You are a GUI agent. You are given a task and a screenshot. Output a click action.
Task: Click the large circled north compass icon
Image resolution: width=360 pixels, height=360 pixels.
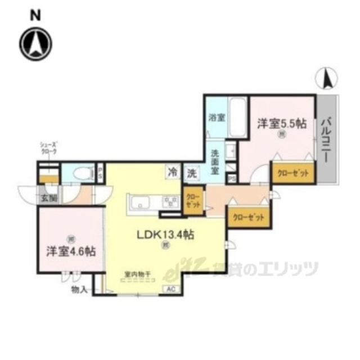pyautogui.click(x=36, y=42)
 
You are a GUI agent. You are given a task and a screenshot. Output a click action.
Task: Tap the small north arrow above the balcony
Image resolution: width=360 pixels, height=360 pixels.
pyautogui.click(x=328, y=78)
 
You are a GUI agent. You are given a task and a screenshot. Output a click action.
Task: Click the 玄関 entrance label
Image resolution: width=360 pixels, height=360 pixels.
pyautogui.click(x=47, y=197)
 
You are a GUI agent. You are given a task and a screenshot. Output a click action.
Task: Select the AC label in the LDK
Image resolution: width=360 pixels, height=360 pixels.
pyautogui.click(x=170, y=289)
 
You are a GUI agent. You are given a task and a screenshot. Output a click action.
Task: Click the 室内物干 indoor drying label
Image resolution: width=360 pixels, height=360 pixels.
pyautogui.click(x=136, y=274)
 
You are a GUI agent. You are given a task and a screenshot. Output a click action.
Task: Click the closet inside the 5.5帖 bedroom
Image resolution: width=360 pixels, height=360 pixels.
pyautogui.click(x=292, y=173)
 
